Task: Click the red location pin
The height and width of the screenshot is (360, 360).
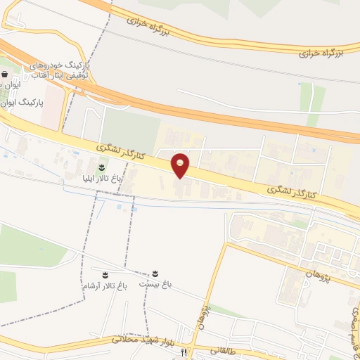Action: click(181, 166)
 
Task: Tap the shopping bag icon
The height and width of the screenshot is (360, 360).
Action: click(5, 72)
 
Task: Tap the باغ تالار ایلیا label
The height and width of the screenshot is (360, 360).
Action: click(103, 179)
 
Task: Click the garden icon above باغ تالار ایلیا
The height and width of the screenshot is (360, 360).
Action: click(103, 167)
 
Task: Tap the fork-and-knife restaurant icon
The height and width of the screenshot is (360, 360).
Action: click(184, 352)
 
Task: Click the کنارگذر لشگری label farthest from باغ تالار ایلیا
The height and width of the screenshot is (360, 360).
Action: click(292, 191)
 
